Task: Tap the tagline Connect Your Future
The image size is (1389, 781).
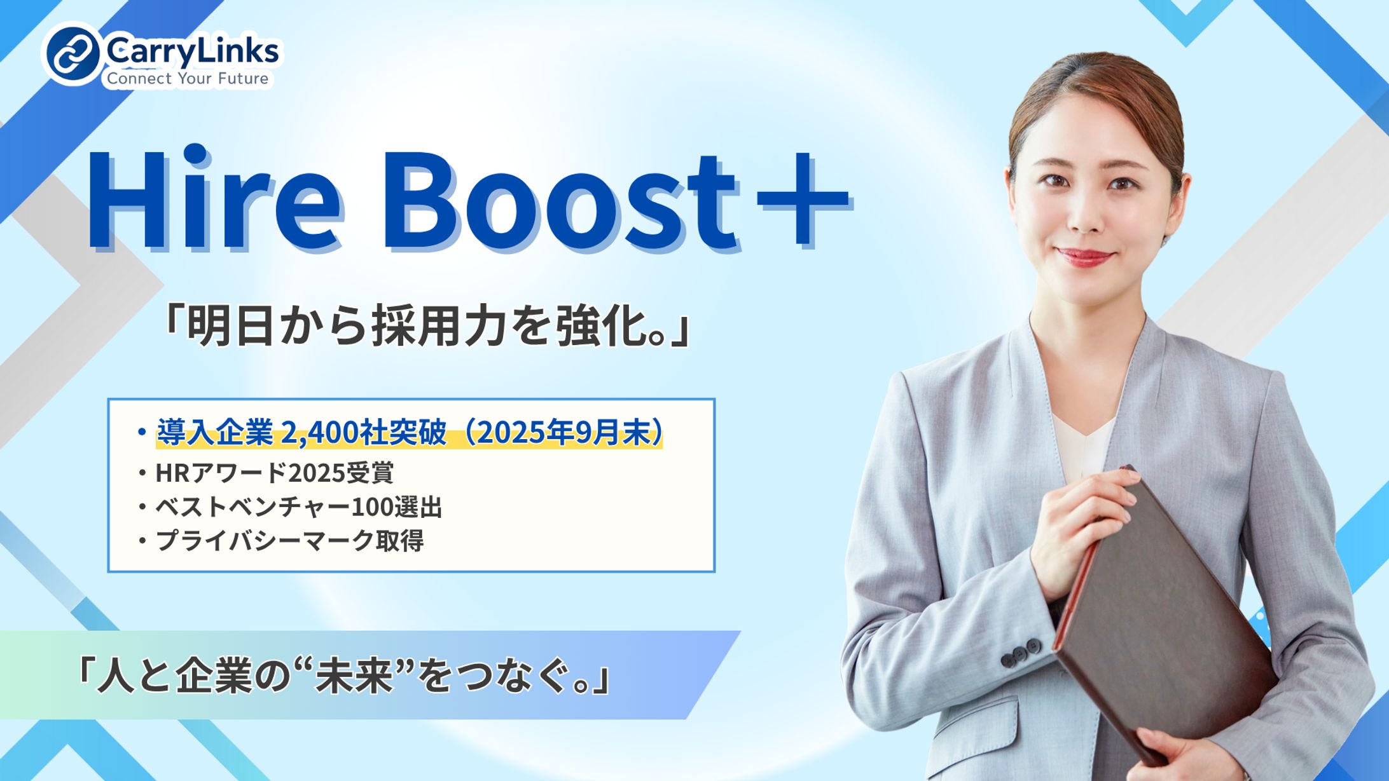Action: pos(188,79)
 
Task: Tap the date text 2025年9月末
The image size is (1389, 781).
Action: pos(563,433)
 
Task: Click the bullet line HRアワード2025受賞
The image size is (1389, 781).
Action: pos(274,473)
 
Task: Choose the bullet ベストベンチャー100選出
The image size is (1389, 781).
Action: pos(298,507)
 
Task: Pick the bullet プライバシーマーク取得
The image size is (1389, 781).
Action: pos(289,541)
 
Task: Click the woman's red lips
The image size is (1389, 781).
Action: pos(1084,257)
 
